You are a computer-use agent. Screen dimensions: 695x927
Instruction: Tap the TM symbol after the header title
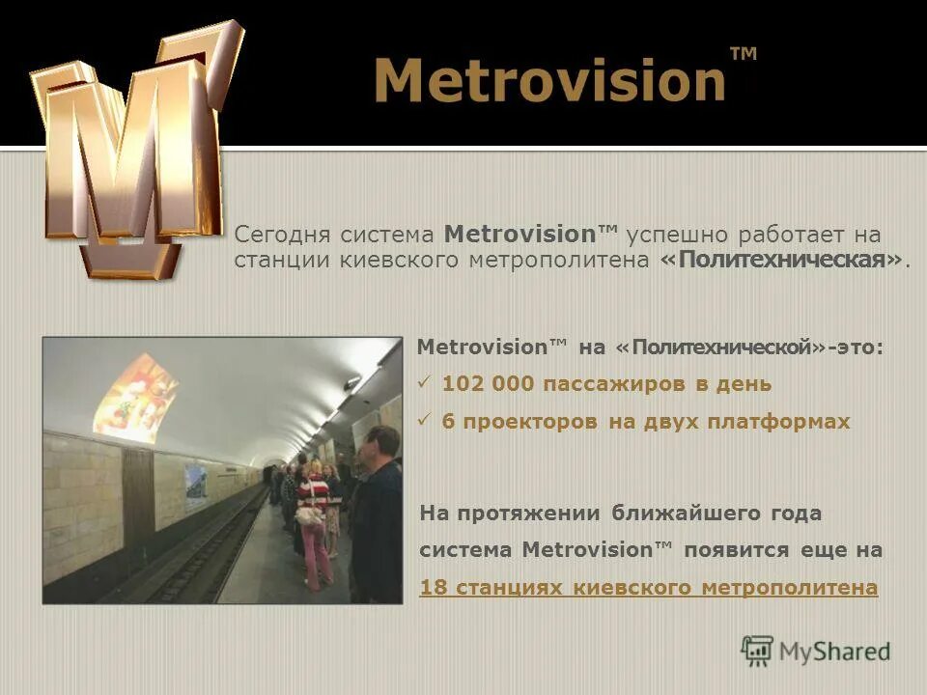[743, 55]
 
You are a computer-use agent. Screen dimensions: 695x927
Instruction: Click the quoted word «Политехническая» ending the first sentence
[783, 261]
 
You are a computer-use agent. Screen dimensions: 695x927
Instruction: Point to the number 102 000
[488, 384]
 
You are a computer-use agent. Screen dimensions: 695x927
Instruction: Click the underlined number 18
[431, 588]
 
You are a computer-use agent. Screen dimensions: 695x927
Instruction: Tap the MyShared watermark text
[834, 652]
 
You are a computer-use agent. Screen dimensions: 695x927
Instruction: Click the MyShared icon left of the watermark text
[757, 652]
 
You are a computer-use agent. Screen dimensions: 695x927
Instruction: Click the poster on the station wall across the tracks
[195, 485]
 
